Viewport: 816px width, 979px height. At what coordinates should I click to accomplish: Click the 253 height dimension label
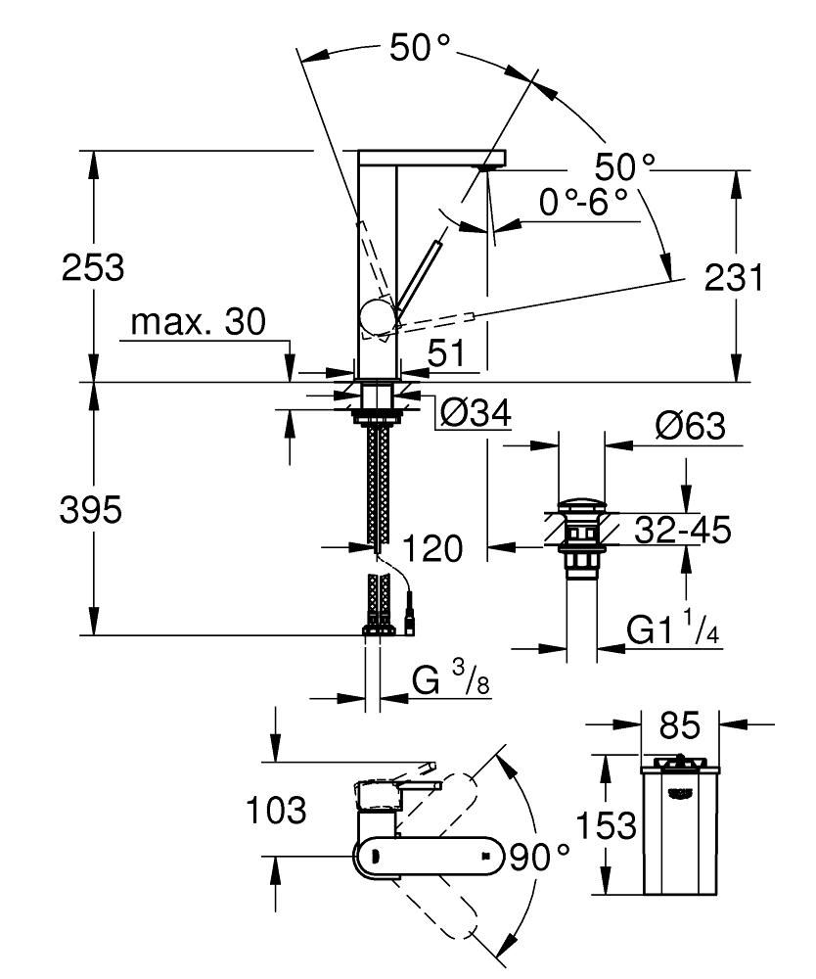click(93, 267)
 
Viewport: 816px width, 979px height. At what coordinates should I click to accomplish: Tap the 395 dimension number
click(93, 509)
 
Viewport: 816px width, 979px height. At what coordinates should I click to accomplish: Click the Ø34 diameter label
click(476, 414)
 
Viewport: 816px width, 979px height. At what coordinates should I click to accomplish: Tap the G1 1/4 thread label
click(673, 630)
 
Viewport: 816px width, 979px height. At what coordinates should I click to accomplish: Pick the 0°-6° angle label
click(583, 203)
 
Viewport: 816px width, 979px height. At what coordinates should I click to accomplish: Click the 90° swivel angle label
click(538, 858)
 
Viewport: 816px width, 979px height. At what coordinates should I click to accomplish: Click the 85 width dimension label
click(680, 725)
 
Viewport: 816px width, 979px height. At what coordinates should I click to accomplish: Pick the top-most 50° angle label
click(419, 48)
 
